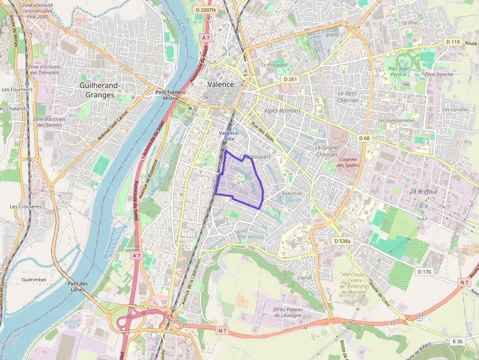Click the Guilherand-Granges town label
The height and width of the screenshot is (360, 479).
100,90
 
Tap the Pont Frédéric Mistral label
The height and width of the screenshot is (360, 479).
171,95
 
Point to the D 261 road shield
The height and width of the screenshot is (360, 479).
290,79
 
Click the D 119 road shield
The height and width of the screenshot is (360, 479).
453,42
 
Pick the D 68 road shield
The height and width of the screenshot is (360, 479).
364,138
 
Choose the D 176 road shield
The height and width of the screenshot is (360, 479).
425,272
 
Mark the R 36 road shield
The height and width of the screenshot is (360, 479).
457,341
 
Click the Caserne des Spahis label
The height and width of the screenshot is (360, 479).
348,162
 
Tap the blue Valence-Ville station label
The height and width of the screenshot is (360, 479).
229,136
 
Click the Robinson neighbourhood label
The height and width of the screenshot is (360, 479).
292,193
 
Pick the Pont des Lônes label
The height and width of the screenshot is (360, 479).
78,286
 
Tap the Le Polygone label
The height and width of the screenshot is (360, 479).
274,64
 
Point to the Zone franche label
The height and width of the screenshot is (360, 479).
438,75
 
